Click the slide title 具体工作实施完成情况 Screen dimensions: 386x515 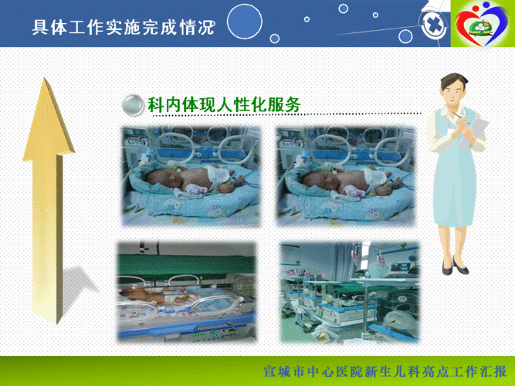tap(124, 28)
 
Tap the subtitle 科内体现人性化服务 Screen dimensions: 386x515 tap(223, 104)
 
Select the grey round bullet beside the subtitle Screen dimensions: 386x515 tap(134, 105)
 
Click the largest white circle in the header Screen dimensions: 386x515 tap(245, 21)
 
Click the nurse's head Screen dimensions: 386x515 tap(452, 86)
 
